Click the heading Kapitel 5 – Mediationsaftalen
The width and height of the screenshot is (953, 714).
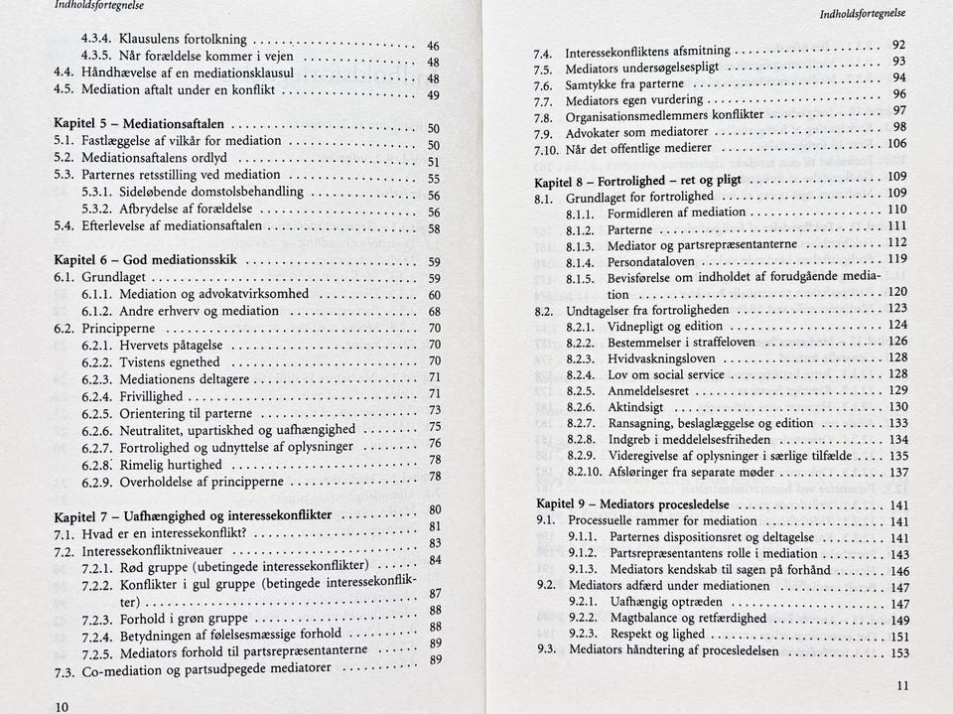pyautogui.click(x=138, y=125)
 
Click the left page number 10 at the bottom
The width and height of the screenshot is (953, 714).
pyautogui.click(x=62, y=704)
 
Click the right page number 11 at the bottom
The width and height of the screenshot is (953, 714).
pyautogui.click(x=901, y=685)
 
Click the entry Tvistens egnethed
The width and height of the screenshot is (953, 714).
pyautogui.click(x=170, y=362)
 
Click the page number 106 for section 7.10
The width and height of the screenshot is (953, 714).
pyautogui.click(x=896, y=144)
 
